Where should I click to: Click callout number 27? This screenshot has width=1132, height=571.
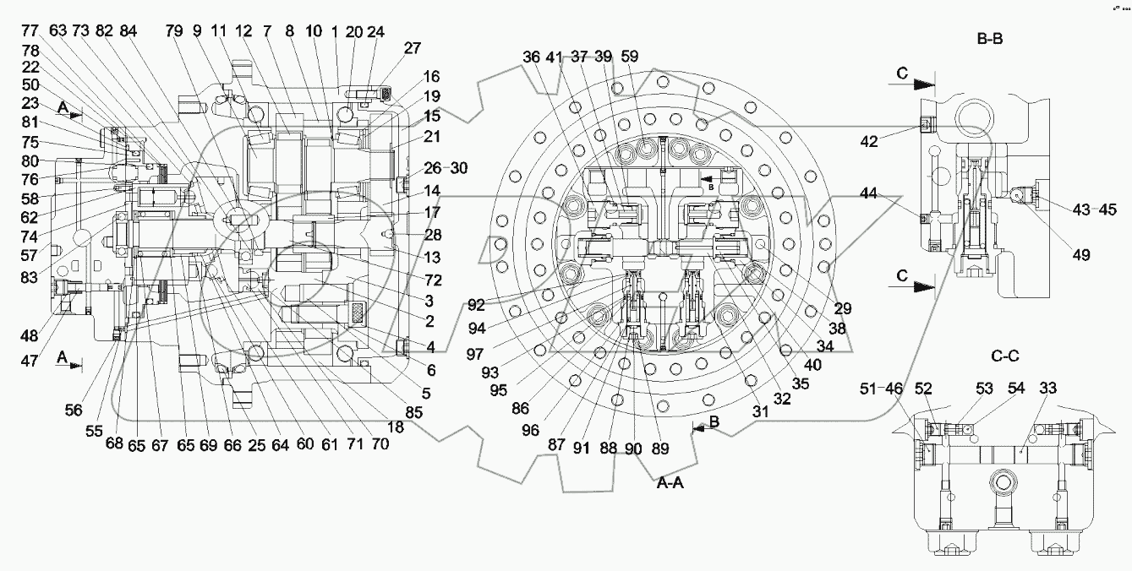point(412,49)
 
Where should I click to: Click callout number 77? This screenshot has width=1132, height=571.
point(30,31)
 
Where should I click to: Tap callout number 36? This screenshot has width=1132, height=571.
point(531,57)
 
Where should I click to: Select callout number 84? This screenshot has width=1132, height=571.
point(128,31)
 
